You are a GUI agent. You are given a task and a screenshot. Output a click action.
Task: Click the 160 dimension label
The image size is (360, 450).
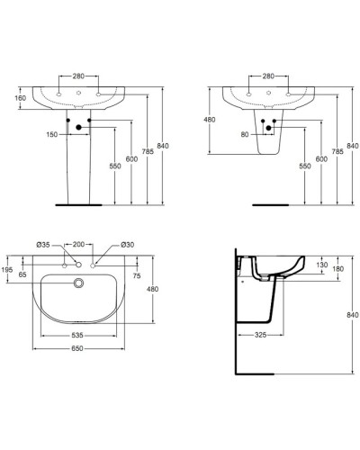[21, 98]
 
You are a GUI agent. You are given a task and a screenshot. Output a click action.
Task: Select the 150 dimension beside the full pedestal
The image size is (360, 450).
[52, 135]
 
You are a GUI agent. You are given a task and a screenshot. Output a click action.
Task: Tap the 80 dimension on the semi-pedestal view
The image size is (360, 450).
[245, 135]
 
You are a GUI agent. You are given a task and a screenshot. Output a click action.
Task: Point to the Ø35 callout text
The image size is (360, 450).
[43, 245]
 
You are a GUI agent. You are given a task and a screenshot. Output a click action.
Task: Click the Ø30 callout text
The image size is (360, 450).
[128, 245]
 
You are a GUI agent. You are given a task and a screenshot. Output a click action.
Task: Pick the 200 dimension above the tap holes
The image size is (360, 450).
[78, 244]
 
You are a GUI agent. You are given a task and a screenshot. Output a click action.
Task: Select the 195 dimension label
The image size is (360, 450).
[7, 270]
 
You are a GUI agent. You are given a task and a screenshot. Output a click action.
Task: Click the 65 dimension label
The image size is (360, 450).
[22, 274]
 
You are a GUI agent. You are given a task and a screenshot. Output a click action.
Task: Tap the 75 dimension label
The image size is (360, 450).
[137, 275]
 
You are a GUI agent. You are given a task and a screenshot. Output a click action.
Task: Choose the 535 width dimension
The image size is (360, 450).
[77, 335]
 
